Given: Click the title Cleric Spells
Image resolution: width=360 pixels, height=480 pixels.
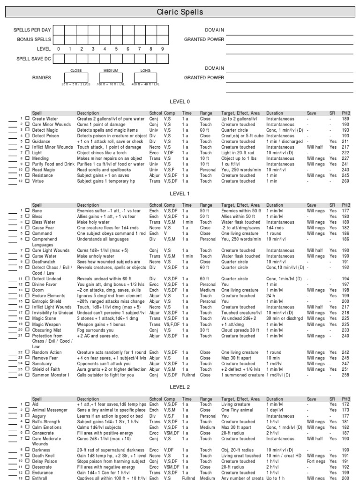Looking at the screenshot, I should coord(180,12).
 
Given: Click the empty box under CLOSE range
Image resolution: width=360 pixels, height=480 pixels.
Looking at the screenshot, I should coord(75,77).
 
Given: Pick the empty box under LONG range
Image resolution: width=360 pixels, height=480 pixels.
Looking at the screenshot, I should coord(145,77).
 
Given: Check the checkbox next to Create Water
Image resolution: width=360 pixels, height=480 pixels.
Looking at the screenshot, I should coord(27,119).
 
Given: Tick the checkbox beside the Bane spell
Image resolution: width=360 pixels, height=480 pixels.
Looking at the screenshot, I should coord(27,211).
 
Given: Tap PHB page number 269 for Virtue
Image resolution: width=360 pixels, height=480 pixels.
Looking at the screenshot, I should coord(346,181).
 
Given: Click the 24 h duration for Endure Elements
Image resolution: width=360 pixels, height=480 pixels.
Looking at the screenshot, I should coord(271,296).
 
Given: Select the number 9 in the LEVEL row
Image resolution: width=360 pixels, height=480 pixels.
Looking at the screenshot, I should coord(163,49).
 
